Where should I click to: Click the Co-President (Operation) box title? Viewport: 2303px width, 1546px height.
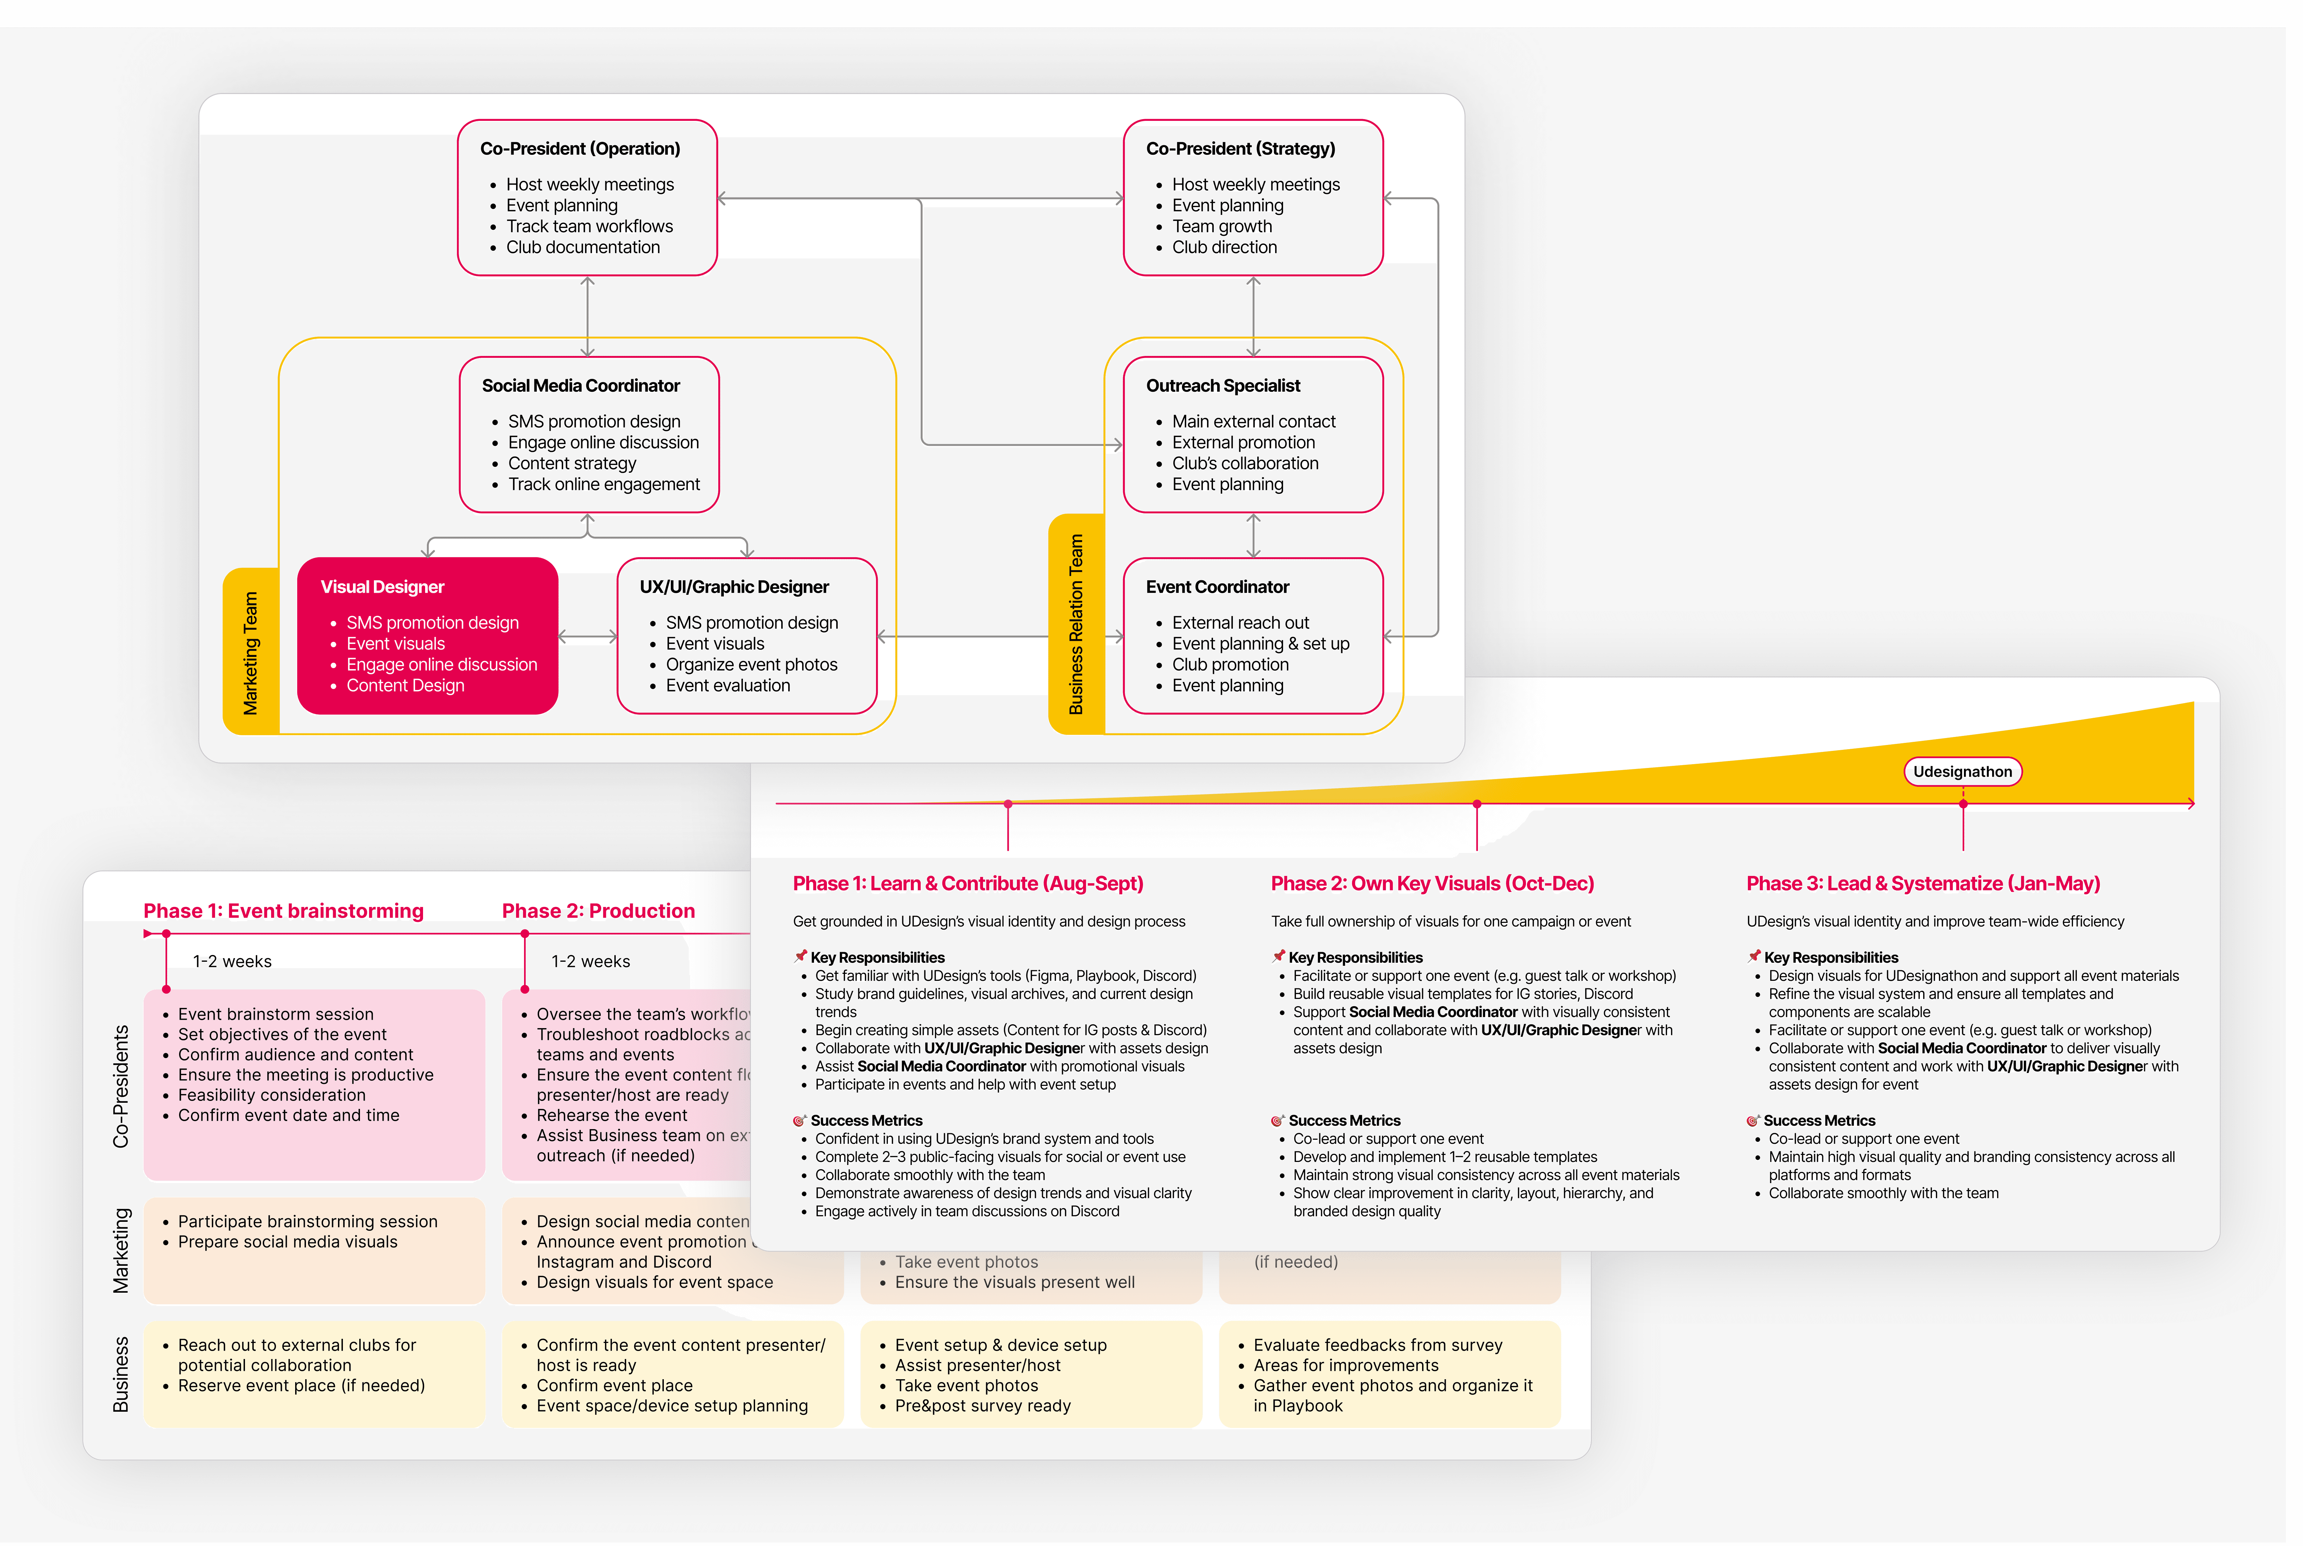pyautogui.click(x=580, y=149)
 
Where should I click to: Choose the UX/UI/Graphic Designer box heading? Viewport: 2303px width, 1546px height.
pyautogui.click(x=734, y=586)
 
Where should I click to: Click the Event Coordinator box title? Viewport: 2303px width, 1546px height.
pyautogui.click(x=1217, y=586)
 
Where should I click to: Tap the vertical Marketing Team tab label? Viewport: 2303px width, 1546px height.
pyautogui.click(x=251, y=653)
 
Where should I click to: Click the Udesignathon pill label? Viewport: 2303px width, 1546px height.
pyautogui.click(x=1962, y=772)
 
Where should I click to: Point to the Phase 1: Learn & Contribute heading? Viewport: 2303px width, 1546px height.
pyautogui.click(x=968, y=884)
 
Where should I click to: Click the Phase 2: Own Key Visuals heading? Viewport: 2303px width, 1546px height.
pyautogui.click(x=1432, y=884)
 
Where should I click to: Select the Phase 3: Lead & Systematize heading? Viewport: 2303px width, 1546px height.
pyautogui.click(x=1922, y=884)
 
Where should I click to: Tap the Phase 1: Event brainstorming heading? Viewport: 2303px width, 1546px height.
pyautogui.click(x=283, y=911)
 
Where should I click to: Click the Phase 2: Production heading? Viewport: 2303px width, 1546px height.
pyautogui.click(x=598, y=911)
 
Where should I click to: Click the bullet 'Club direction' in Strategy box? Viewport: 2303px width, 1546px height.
pyautogui.click(x=1224, y=248)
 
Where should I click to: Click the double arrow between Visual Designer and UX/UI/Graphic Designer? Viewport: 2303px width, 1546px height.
pyautogui.click(x=588, y=637)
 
